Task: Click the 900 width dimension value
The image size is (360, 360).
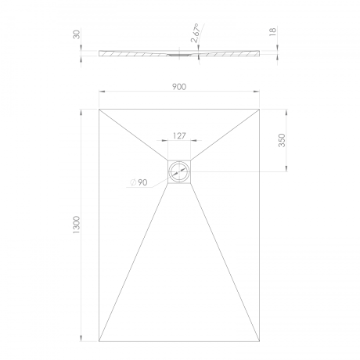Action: [179, 87]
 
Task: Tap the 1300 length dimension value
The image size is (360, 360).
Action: [77, 225]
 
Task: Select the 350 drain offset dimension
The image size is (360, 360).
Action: [282, 140]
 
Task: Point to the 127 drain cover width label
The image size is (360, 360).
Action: [179, 136]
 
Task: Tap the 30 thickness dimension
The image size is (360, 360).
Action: [77, 34]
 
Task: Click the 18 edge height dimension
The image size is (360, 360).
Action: [272, 31]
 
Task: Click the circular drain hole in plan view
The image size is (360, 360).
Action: [179, 171]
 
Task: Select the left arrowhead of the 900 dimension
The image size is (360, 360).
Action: [102, 92]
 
